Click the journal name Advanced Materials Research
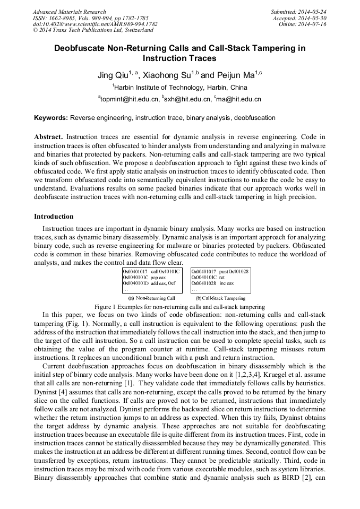(69, 12)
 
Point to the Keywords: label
(51, 118)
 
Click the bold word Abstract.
(48, 137)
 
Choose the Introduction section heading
(54, 217)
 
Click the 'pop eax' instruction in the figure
(158, 278)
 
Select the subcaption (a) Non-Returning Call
(152, 298)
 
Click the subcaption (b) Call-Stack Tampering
(220, 298)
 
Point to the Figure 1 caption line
(179, 307)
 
